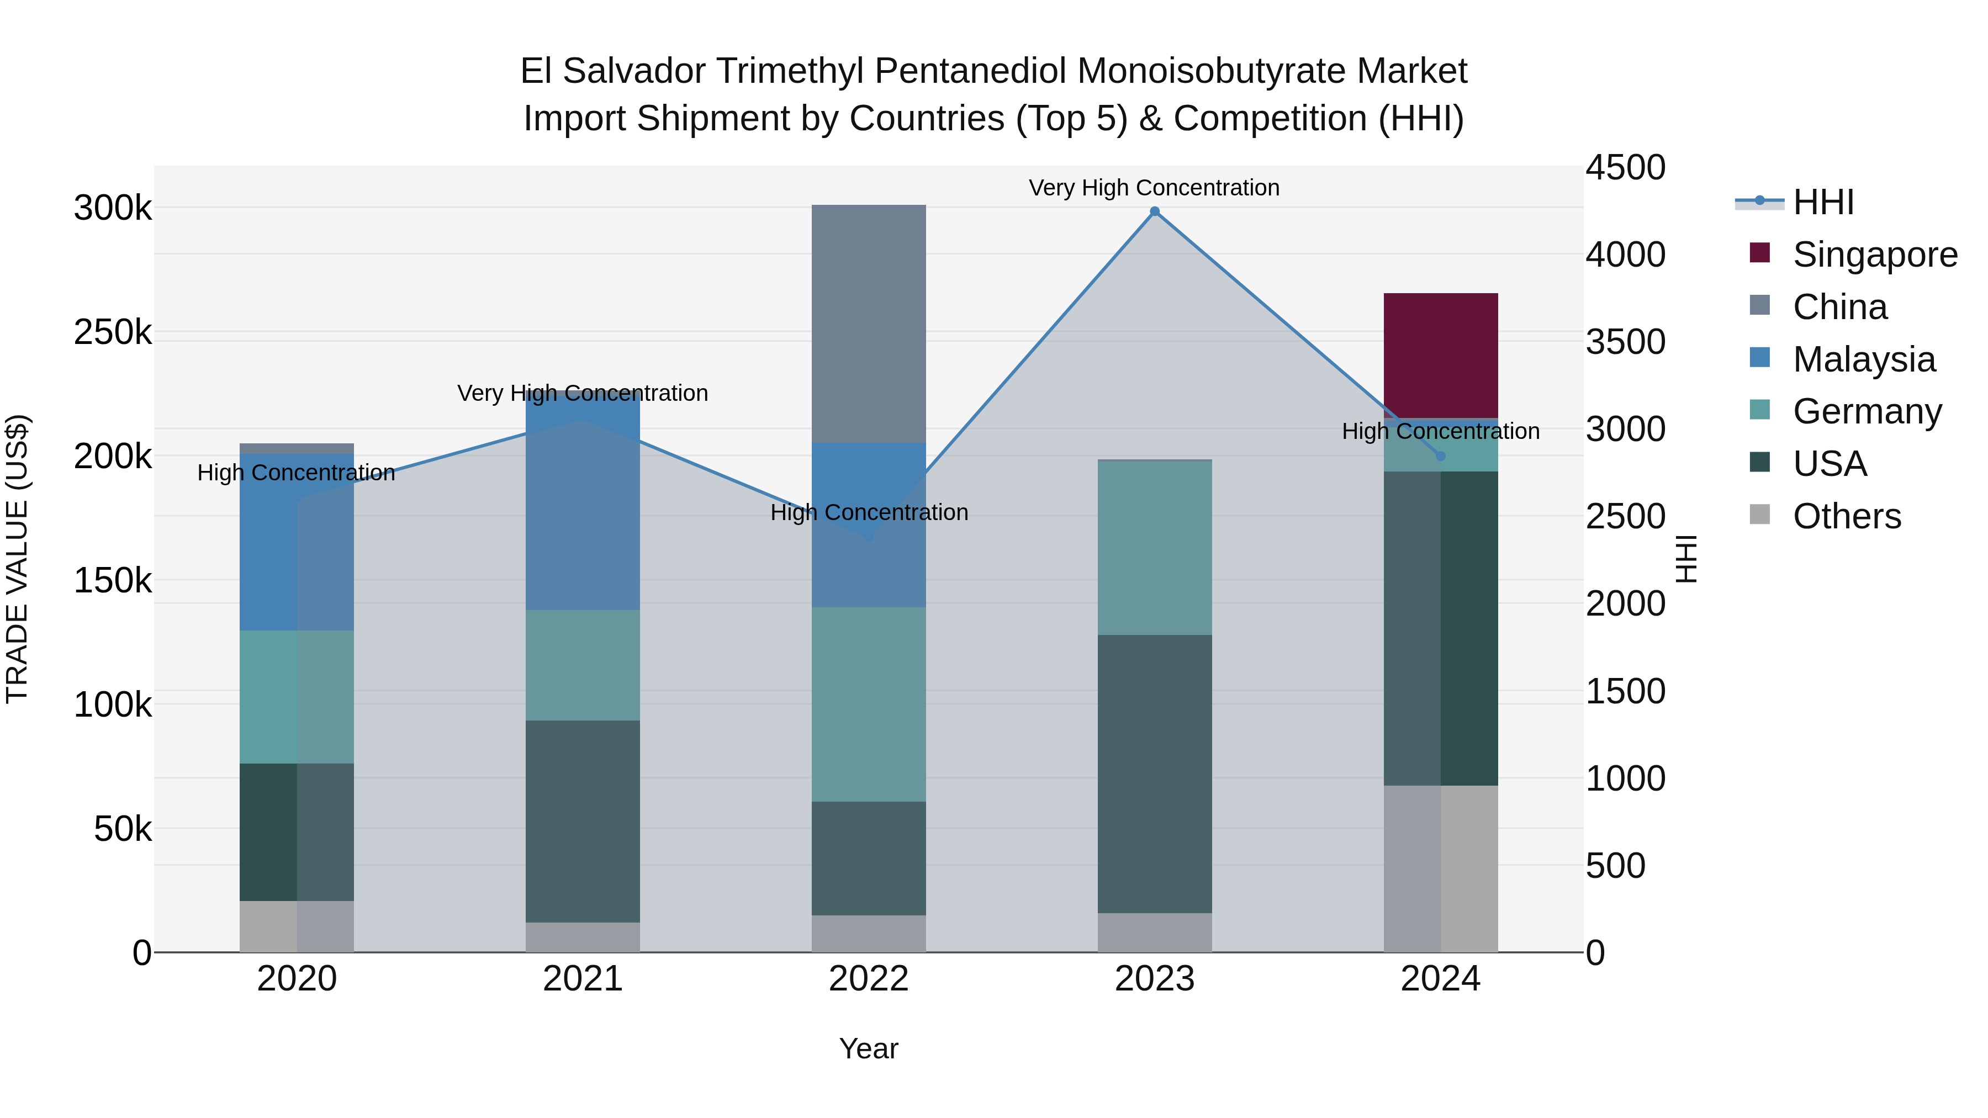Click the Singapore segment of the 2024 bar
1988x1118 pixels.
(x=1440, y=355)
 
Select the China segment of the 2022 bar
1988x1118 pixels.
(x=868, y=324)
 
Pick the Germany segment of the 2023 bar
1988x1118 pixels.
(x=1155, y=548)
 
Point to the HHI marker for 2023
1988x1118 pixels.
(x=1155, y=211)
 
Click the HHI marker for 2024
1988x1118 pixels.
(x=1440, y=456)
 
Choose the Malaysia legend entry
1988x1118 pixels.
(x=1864, y=359)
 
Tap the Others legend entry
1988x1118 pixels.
(x=1847, y=516)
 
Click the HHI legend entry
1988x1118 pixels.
(x=1823, y=202)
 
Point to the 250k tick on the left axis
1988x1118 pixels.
(x=113, y=332)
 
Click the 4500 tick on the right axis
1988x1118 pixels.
(x=1625, y=167)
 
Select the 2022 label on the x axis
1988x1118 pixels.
(x=868, y=979)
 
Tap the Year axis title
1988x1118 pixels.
(x=868, y=1048)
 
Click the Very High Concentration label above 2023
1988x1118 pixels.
(x=1154, y=188)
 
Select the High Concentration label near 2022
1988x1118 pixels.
(x=869, y=512)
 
